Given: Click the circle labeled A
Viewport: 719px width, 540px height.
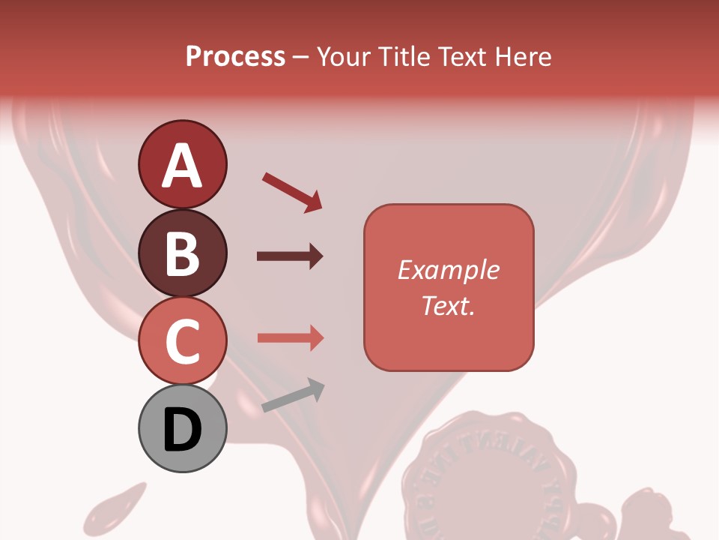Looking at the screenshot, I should pos(182,164).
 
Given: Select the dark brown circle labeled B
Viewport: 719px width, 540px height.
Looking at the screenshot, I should pos(182,253).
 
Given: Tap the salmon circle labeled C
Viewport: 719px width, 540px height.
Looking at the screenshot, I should pos(182,340).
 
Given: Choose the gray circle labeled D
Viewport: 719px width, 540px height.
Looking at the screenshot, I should pos(182,428).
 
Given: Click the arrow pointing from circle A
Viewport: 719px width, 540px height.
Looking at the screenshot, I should pos(292,191).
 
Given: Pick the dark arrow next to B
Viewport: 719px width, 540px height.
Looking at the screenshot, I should pos(290,256).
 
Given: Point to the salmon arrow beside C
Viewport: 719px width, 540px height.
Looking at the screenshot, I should pos(290,337).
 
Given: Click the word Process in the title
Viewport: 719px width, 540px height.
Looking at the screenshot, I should pos(235,56).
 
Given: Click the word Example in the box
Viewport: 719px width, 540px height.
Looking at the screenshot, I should pos(449,270).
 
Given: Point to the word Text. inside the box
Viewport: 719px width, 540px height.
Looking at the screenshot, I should pos(449,305).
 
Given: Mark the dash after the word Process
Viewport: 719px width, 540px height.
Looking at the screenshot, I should pos(301,57).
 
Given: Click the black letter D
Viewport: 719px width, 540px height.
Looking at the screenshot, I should pos(182,430).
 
